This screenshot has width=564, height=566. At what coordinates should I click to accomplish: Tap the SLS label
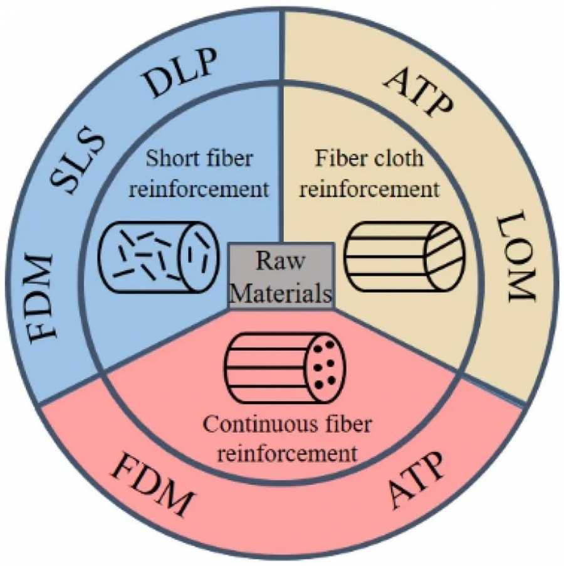coord(78,161)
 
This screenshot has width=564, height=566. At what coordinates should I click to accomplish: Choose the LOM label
coord(514,257)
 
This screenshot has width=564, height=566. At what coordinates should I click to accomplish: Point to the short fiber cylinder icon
coord(159,257)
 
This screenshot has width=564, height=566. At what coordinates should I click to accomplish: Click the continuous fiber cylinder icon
coord(285,368)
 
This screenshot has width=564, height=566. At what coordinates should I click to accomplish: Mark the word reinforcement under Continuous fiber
coord(287,453)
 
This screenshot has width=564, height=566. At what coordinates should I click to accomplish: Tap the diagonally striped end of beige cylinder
coord(446,257)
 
